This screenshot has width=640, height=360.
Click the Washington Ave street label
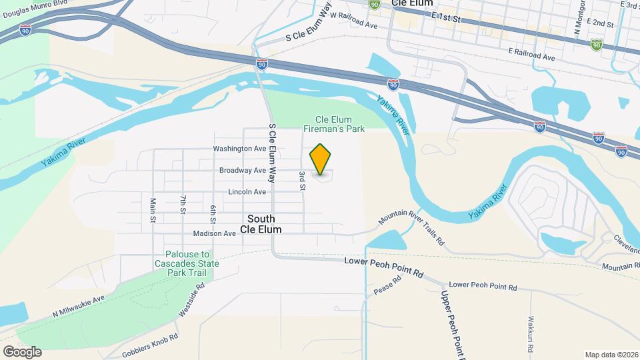click(x=239, y=149)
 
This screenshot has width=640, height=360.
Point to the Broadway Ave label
click(x=243, y=171)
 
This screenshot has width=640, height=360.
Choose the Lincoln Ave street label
click(x=247, y=192)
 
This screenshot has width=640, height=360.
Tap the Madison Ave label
click(x=214, y=234)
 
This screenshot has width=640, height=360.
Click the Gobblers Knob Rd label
click(x=151, y=347)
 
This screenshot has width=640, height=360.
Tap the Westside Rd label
click(x=191, y=300)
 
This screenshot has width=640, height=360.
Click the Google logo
click(x=22, y=351)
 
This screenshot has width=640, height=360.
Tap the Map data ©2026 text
click(x=611, y=354)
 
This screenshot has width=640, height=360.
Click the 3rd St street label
click(x=302, y=181)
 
